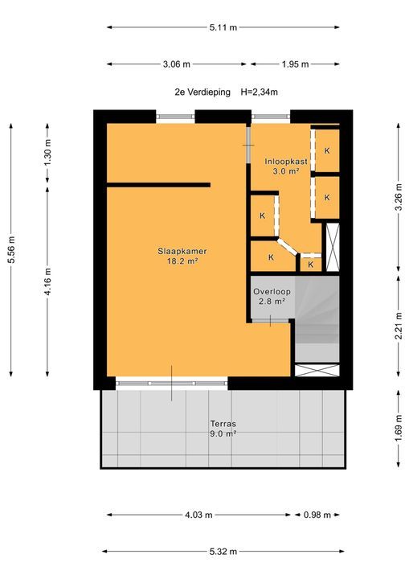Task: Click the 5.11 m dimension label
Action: coord(223,27)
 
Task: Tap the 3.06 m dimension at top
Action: coord(176,64)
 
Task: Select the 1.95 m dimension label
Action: coord(295,64)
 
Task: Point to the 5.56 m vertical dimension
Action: coord(11,249)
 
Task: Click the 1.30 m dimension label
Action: coord(47,153)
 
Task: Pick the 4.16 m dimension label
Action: coord(47,281)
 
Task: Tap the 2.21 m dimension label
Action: coord(399,326)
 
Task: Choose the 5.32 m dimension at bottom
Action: coord(223,552)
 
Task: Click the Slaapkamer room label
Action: coord(178,250)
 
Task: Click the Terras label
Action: coord(223,424)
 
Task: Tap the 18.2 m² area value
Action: coord(178,261)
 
